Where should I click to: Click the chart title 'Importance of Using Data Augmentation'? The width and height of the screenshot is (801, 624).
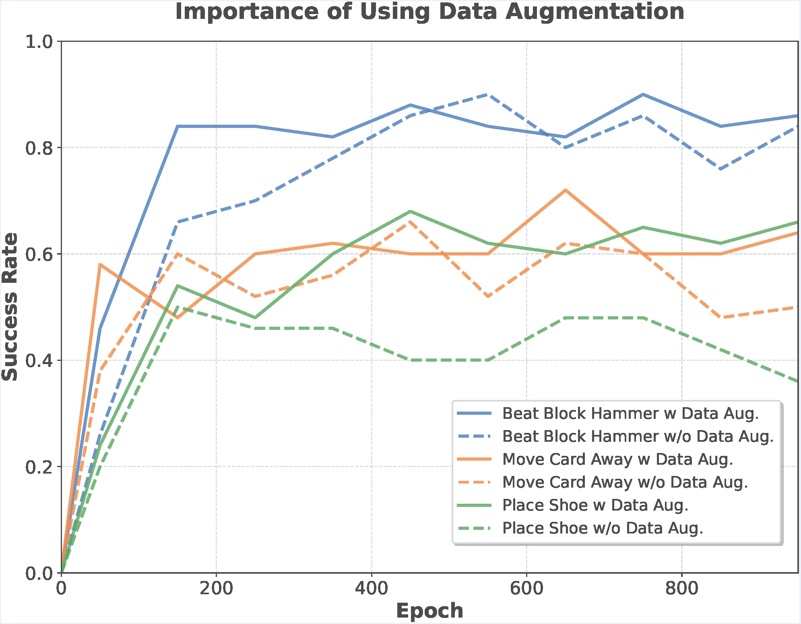pyautogui.click(x=429, y=11)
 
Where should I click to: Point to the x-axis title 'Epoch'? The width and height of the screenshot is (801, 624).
pyautogui.click(x=429, y=611)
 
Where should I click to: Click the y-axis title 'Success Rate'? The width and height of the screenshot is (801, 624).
pyautogui.click(x=10, y=307)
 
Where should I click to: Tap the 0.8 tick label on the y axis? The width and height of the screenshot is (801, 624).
pyautogui.click(x=39, y=148)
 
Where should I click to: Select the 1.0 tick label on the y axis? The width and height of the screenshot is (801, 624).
pyautogui.click(x=39, y=42)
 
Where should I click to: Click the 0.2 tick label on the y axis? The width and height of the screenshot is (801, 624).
pyautogui.click(x=39, y=467)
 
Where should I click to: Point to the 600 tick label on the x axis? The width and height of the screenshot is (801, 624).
pyautogui.click(x=526, y=589)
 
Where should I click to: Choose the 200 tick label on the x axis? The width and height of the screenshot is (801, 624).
pyautogui.click(x=216, y=589)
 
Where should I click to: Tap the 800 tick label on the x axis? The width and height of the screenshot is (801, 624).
pyautogui.click(x=682, y=589)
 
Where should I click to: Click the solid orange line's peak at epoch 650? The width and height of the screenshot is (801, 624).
pyautogui.click(x=566, y=190)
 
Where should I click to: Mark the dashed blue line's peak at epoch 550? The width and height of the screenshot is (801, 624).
pyautogui.click(x=488, y=95)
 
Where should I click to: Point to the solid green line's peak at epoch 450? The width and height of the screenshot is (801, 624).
pyautogui.click(x=410, y=211)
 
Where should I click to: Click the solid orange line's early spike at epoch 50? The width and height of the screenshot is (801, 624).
pyautogui.click(x=100, y=264)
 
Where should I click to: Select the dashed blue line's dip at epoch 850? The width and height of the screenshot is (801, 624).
pyautogui.click(x=720, y=169)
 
